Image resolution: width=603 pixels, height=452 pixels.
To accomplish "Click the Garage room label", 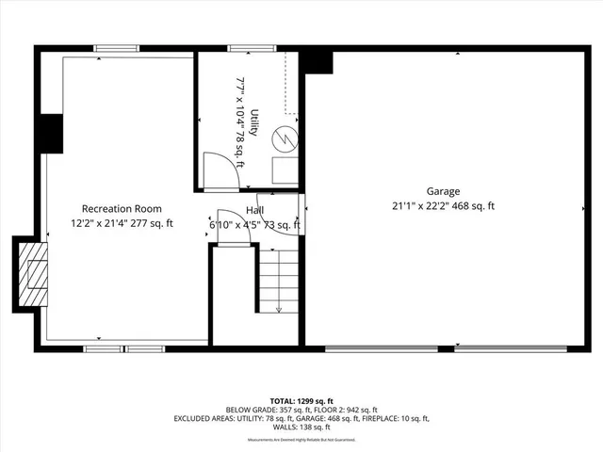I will (443, 191).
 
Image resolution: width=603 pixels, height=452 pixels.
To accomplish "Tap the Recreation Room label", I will (122, 209).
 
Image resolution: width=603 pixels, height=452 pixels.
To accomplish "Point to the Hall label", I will (255, 210).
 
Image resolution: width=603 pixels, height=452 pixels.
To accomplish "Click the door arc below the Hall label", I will (232, 227).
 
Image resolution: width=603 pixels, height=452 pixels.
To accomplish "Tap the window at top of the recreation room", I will (117, 48).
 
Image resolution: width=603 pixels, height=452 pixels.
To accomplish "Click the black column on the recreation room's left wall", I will (50, 134).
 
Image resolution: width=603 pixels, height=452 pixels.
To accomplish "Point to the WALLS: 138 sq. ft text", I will (301, 427).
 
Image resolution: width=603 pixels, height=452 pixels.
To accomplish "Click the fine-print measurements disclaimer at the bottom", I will (301, 440).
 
